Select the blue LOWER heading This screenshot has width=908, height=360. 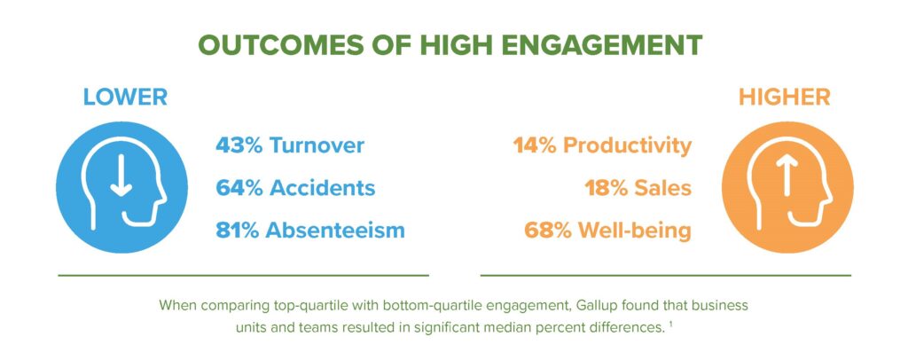pos(125,98)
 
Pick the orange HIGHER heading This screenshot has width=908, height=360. pos(784,98)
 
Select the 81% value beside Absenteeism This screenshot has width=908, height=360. pos(238,231)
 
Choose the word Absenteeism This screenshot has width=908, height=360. pos(334,231)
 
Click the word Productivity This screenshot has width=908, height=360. pos(627,146)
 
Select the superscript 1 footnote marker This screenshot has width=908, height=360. pos(670,325)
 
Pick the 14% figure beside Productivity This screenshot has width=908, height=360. pos(535,145)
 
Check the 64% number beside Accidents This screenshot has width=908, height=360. pos(238,188)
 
